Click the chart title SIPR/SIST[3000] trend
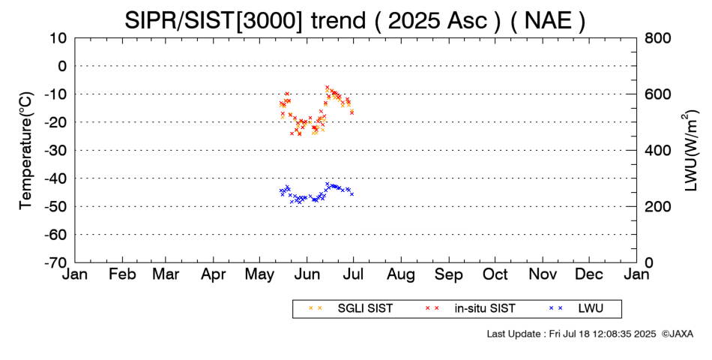click(x=245, y=20)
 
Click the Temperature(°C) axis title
click(x=27, y=151)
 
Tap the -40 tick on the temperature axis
click(x=55, y=178)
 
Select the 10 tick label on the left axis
click(x=58, y=38)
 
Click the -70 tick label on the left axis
click(x=55, y=262)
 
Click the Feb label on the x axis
click(x=122, y=274)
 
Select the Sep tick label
click(x=449, y=274)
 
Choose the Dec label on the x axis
click(x=589, y=274)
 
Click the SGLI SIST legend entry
click(x=351, y=309)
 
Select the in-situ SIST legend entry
click(x=470, y=309)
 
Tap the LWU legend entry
click(x=576, y=309)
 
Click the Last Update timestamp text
click(x=571, y=334)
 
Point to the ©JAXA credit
click(x=678, y=334)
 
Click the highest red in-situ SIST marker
click(x=327, y=87)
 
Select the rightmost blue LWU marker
click(x=352, y=194)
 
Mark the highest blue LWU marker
click(x=327, y=184)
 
